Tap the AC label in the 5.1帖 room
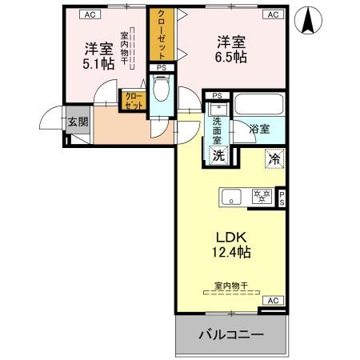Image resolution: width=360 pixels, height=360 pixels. [90, 14]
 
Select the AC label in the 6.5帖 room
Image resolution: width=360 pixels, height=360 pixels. [273, 14]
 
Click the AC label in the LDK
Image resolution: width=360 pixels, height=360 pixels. [273, 301]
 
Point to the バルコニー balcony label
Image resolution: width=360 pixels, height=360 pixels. [231, 334]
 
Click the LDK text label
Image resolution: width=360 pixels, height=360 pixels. [231, 237]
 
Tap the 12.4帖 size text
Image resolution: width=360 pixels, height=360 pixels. [231, 254]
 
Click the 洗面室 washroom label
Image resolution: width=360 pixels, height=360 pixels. [216, 128]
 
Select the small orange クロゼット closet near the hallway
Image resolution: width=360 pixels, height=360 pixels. [132, 100]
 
